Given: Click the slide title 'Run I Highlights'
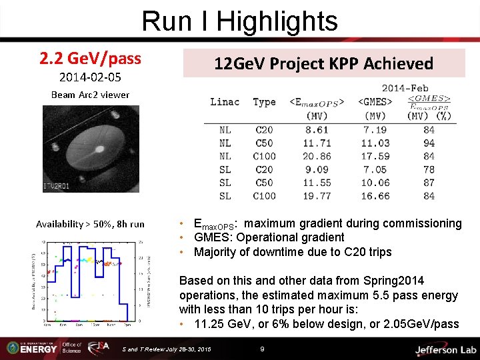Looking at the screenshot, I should pyautogui.click(x=239, y=21).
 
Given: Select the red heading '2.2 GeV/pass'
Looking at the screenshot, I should pyautogui.click(x=90, y=59).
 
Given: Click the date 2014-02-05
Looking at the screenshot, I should pyautogui.click(x=90, y=77).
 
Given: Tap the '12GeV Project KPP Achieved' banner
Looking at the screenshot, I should pyautogui.click(x=323, y=63).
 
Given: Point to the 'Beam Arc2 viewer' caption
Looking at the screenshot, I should pyautogui.click(x=91, y=95).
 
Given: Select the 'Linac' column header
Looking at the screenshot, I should pyautogui.click(x=225, y=102).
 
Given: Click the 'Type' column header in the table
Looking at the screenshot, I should pyautogui.click(x=264, y=102).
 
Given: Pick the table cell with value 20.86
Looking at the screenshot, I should pyautogui.click(x=317, y=156).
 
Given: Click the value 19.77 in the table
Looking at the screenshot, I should pyautogui.click(x=317, y=196).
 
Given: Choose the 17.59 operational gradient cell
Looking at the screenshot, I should pyautogui.click(x=375, y=156).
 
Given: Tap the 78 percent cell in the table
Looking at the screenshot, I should pyautogui.click(x=429, y=169).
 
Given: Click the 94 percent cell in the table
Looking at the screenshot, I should pyautogui.click(x=429, y=143).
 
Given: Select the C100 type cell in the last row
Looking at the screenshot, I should pyautogui.click(x=264, y=196).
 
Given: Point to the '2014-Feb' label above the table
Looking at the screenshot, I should pyautogui.click(x=405, y=87).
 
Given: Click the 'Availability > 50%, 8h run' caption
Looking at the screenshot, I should pyautogui.click(x=90, y=224).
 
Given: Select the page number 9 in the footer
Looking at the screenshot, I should pyautogui.click(x=263, y=349).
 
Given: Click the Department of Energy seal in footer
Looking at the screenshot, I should pyautogui.click(x=13, y=348).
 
